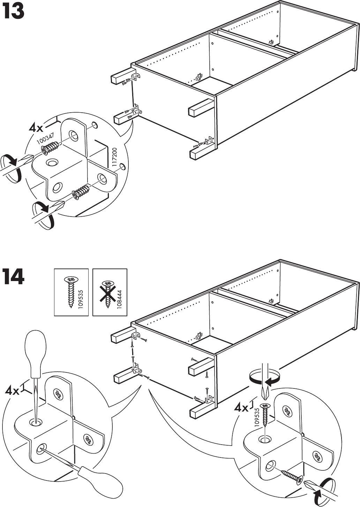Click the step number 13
(13, 12)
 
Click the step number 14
(13, 277)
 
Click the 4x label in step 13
(36, 128)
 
